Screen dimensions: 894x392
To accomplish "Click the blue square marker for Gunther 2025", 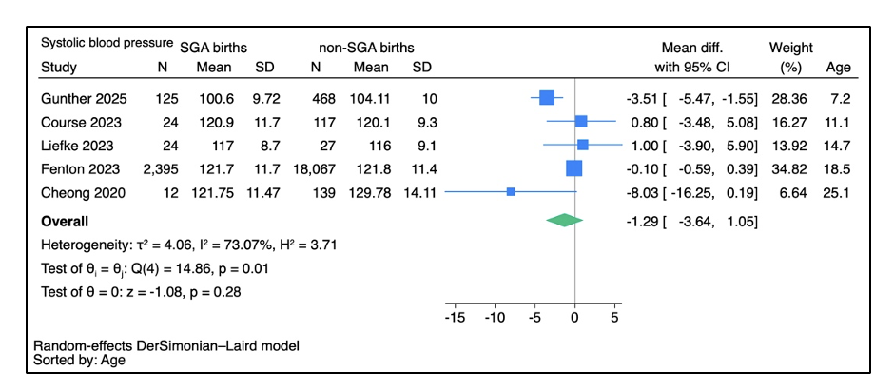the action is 546,98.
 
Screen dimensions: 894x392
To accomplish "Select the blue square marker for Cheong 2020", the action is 511,192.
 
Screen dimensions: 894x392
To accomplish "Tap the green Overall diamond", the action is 564,220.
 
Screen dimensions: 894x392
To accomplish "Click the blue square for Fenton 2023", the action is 574,168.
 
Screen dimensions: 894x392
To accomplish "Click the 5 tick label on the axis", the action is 614,317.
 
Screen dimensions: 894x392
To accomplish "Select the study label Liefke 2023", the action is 77,146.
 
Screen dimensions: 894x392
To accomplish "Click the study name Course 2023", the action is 81,122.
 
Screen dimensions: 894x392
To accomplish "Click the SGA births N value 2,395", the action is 160,169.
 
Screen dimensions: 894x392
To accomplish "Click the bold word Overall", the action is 65,221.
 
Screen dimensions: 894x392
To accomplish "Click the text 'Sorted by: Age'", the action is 79,360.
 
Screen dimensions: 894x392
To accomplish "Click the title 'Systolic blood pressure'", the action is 107,43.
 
